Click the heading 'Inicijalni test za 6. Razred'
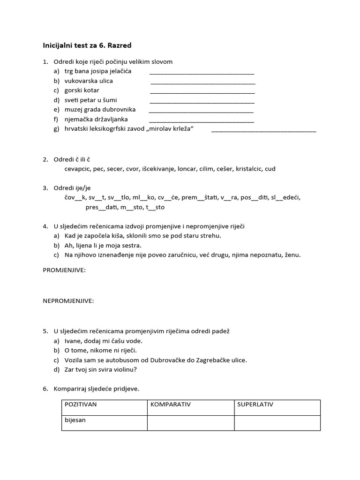(87, 45)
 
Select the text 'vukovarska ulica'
(89, 81)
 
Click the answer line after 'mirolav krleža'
(264, 131)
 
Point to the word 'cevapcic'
(77, 169)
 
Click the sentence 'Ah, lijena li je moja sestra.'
(103, 245)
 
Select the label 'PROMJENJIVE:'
(65, 270)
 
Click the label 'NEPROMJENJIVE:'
(68, 301)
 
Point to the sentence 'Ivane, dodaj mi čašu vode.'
(104, 341)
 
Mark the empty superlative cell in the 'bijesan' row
(277, 422)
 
